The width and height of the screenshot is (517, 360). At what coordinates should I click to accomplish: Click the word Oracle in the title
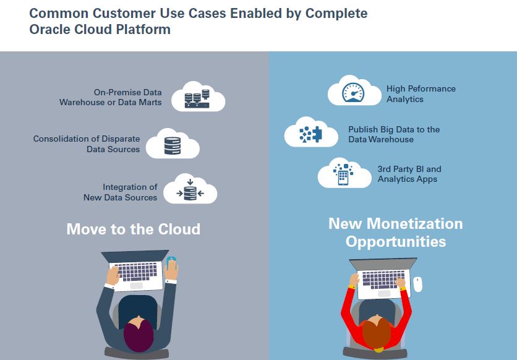coord(49,28)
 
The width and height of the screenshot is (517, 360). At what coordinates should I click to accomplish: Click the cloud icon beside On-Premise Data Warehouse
coord(198,96)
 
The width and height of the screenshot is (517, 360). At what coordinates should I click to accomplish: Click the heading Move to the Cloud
coord(133,229)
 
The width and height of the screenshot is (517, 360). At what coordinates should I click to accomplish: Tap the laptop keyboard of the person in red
coord(378,275)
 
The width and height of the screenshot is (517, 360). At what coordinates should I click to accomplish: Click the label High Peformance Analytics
coord(421,93)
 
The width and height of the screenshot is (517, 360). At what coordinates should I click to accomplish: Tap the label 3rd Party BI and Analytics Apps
coord(409,174)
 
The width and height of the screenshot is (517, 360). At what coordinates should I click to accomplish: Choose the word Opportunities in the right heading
coord(396,241)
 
